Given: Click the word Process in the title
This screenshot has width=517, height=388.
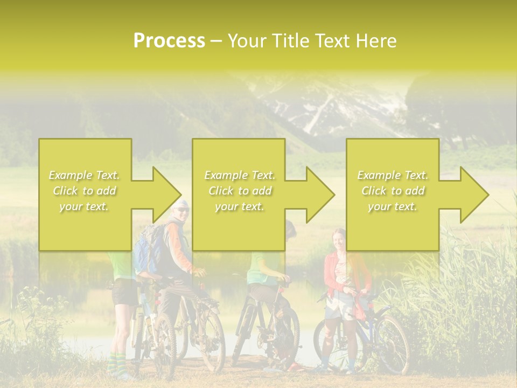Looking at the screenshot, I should click(169, 41).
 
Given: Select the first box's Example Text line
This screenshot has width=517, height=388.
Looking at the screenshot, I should click(85, 175).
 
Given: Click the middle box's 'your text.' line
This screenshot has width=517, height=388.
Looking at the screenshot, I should click(240, 206).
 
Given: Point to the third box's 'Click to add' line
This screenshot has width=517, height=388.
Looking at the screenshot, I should click(393, 191).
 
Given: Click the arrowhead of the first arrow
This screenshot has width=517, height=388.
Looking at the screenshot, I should click(167, 195).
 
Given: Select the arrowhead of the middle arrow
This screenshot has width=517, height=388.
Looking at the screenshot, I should click(320, 195).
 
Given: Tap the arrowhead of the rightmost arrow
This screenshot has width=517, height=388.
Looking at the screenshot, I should click(474, 195).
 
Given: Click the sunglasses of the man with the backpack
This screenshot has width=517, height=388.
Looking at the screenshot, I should click(183, 210).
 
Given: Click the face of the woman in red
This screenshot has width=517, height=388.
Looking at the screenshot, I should click(339, 238).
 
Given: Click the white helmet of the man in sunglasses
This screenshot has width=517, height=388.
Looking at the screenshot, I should click(179, 203).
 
